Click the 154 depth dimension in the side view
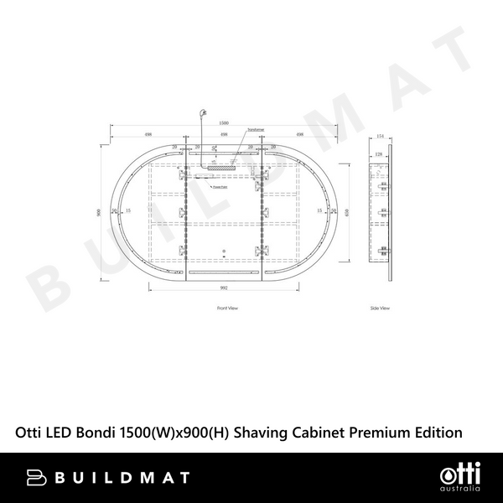click(380, 136)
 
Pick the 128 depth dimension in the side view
click(378, 155)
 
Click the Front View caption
click(227, 309)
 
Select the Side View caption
click(380, 309)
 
